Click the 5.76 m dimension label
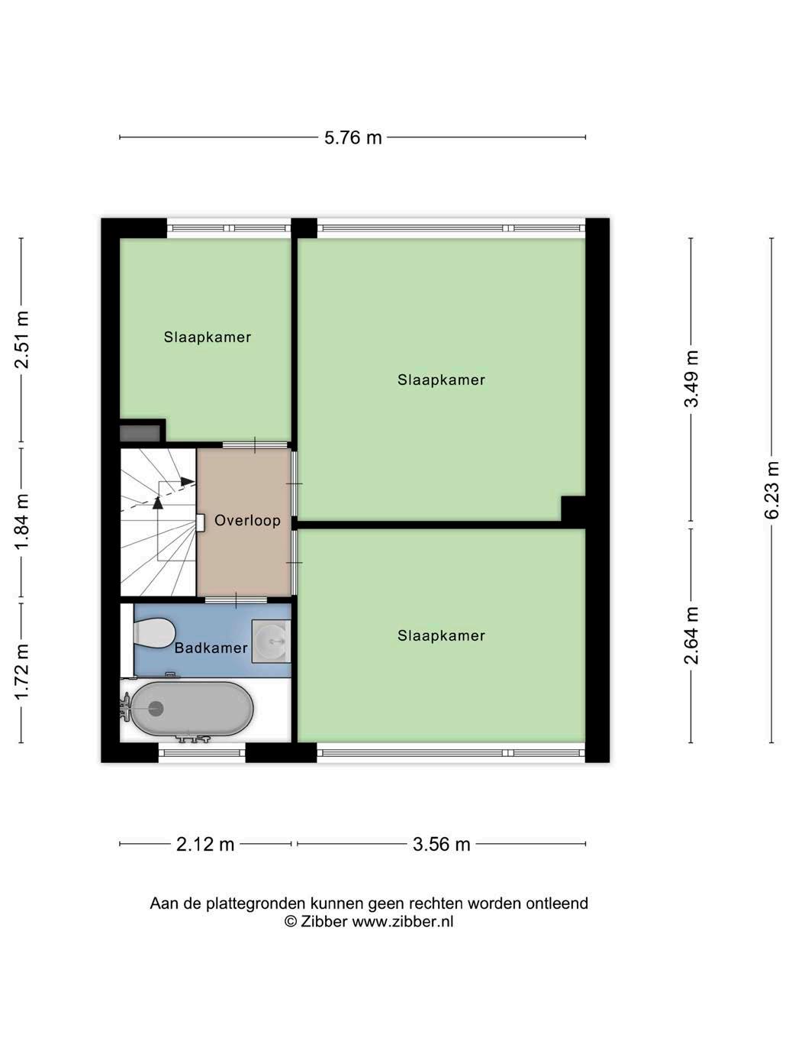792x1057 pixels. (353, 137)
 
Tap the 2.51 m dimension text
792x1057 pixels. (22, 340)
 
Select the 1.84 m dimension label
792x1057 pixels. (22, 521)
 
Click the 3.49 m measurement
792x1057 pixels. (691, 379)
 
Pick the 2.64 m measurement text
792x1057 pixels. (691, 635)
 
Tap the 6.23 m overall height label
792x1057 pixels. (772, 490)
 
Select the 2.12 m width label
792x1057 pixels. (205, 844)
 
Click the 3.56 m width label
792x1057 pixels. (442, 844)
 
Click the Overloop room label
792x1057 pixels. (248, 520)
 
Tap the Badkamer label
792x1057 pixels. (211, 648)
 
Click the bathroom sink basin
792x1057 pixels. (271, 641)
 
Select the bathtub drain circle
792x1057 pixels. (156, 709)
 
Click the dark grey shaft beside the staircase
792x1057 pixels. (140, 432)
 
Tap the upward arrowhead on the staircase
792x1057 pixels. (158, 503)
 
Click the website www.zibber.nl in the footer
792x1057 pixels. (403, 921)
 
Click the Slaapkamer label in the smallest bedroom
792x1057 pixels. (208, 337)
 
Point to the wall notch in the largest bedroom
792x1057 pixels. (573, 508)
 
